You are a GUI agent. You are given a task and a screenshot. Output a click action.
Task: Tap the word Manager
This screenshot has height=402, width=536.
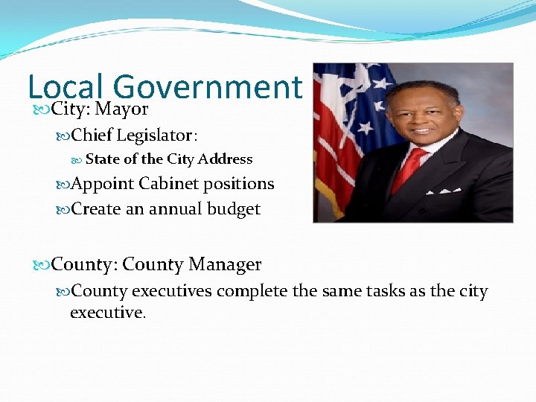[x=225, y=264]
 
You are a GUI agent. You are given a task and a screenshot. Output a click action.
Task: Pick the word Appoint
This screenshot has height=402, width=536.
[x=102, y=184]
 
